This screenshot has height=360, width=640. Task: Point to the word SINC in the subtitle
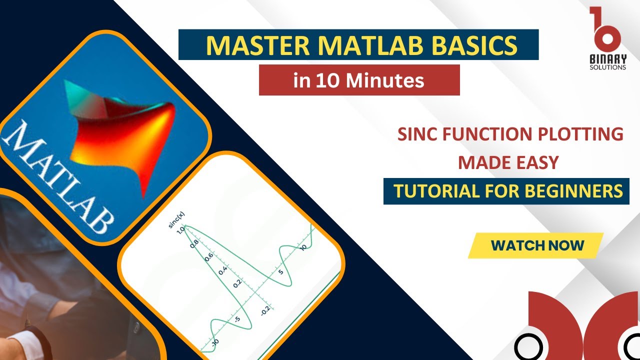418,134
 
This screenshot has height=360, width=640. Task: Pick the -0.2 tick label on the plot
264,310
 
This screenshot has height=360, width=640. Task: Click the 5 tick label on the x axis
280,271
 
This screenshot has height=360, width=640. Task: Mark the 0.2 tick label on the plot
237,283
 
